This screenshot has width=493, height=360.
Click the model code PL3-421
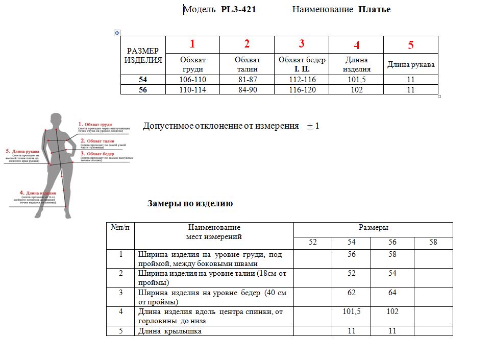(238, 10)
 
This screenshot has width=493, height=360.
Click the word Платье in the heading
(375, 10)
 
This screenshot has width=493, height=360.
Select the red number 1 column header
(192, 44)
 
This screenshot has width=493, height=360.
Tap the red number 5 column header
(411, 45)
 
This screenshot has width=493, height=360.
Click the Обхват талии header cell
(247, 64)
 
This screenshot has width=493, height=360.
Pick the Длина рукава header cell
(411, 65)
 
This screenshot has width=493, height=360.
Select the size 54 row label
(143, 80)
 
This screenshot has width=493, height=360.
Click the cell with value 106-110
(192, 80)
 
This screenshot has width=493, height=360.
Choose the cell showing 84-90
(247, 90)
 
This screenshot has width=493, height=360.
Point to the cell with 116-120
(302, 90)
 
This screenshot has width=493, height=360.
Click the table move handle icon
(117, 32)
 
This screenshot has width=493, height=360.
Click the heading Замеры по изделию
(190, 204)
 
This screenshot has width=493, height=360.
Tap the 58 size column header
(433, 243)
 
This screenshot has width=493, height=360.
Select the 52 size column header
(313, 243)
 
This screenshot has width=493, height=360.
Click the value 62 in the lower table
(352, 293)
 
